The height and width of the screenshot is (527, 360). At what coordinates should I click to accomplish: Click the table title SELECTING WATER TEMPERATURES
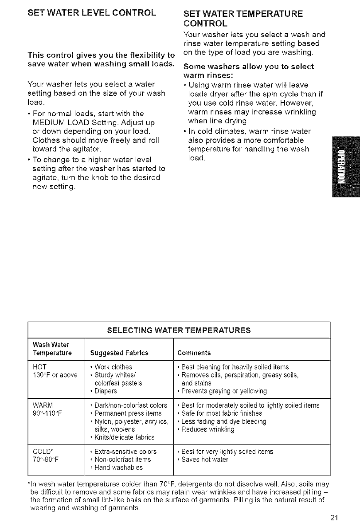pos(179,330)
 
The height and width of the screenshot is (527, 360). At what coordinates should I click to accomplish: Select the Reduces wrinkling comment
pos(207,429)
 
